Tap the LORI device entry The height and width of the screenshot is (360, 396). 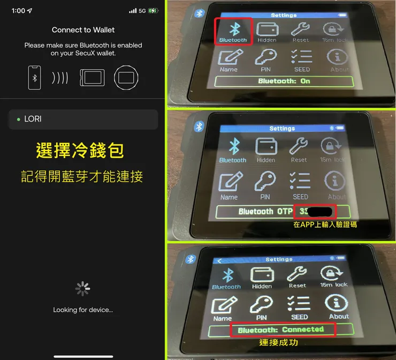coord(83,119)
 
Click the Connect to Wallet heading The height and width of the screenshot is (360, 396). coord(83,30)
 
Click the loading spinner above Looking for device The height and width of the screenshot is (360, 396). coord(82,289)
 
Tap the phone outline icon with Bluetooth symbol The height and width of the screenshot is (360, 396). coord(35,78)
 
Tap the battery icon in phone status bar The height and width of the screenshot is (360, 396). coord(154,11)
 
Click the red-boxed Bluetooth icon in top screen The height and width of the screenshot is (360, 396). coord(233,31)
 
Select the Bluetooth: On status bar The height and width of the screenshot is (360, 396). coord(284,81)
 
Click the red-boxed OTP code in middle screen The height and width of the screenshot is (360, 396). coord(316,212)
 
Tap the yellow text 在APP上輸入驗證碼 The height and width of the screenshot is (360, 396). coord(325,225)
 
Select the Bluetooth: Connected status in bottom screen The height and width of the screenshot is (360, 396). coord(281,330)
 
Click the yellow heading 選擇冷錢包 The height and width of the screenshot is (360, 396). coord(80,151)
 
